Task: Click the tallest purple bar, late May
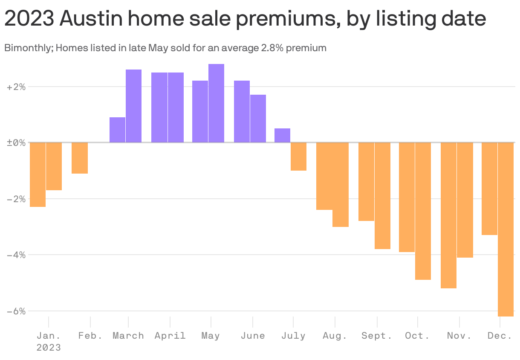click(216, 103)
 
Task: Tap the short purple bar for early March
click(117, 130)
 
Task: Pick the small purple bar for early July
click(282, 135)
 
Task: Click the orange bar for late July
click(298, 157)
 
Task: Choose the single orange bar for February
click(80, 158)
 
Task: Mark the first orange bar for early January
click(38, 174)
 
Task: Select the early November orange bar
click(448, 215)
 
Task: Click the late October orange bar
click(423, 211)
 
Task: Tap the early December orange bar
click(489, 189)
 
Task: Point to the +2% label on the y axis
click(16, 87)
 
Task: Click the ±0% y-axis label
click(16, 143)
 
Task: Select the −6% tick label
click(16, 311)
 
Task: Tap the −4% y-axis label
click(16, 255)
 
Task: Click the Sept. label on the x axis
click(376, 336)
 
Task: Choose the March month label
click(128, 336)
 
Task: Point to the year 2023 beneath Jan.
click(48, 348)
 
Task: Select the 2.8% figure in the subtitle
click(271, 48)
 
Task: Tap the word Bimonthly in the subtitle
click(28, 48)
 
